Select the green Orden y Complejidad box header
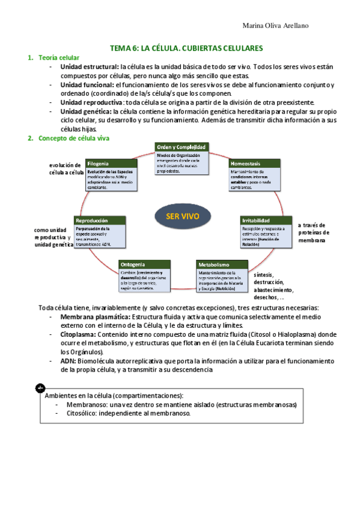click(182, 147)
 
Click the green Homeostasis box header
click(254, 163)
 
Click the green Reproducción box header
click(100, 220)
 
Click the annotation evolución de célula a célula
click(67, 168)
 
